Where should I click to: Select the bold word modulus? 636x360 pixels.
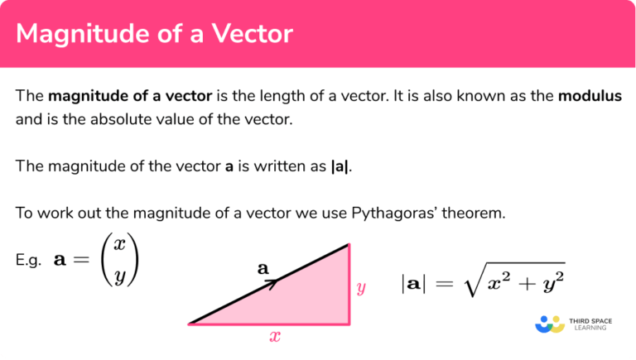(590, 96)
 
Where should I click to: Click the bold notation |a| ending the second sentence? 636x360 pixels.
(340, 166)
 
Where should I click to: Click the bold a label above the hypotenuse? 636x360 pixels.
(263, 268)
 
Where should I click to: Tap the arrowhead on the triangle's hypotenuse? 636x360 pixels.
(272, 282)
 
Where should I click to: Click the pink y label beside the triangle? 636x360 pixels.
(361, 288)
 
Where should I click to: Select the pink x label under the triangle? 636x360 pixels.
(275, 338)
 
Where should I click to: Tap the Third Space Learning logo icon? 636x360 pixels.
(550, 324)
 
